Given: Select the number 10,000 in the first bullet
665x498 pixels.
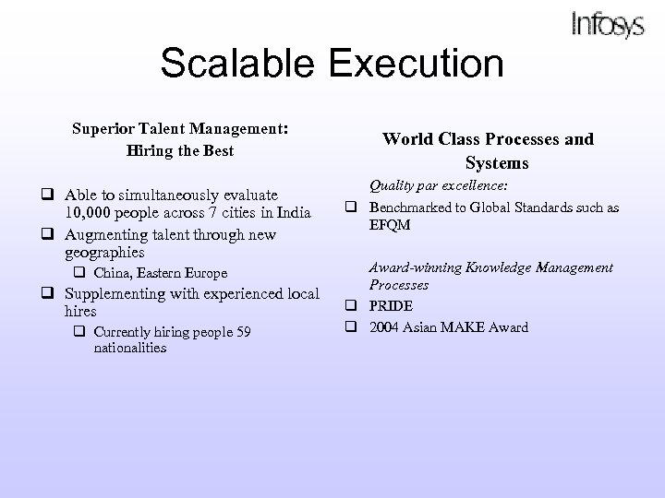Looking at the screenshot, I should tap(90, 215).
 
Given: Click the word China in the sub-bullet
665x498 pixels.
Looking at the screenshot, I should tap(112, 273).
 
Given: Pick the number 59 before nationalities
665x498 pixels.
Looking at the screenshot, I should tap(244, 332).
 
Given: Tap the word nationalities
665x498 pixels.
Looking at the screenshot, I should tap(130, 348).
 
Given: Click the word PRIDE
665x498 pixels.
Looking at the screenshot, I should tap(393, 306).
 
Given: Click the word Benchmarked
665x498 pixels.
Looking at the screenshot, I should tap(412, 207).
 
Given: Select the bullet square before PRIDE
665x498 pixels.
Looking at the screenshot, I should tap(352, 306).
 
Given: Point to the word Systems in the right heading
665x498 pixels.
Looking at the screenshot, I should tap(497, 163).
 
